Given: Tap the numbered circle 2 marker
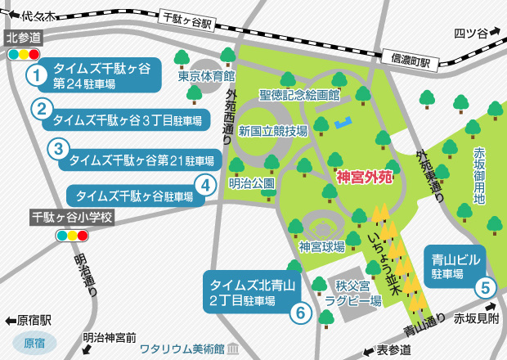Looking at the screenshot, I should pos(42,108).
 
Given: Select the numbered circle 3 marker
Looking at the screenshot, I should pos(57,149).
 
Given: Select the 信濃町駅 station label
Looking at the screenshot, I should pos(407,57).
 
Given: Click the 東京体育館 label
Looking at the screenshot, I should pos(205,79).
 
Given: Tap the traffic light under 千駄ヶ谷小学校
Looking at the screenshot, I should pos(71,236).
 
